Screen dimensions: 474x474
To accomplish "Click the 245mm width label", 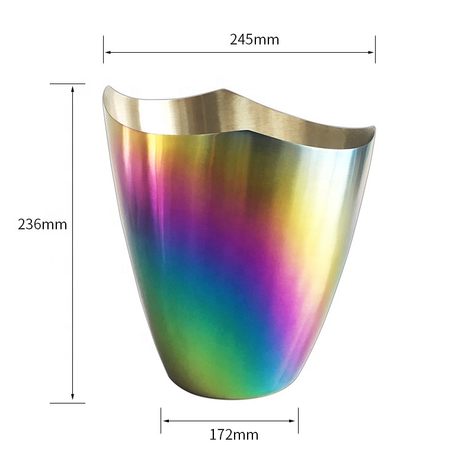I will tap(254, 40).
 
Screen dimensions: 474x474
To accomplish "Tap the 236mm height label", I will tap(42, 225).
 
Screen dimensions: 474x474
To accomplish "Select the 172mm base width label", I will tap(233, 435).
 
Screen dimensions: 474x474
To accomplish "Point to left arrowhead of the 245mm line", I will tap(107, 53).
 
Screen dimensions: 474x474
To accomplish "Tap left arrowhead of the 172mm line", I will tap(165, 421).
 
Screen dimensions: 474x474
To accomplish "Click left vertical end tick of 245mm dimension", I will tap(104, 49).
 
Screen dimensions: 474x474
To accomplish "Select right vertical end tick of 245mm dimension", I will tap(375, 49).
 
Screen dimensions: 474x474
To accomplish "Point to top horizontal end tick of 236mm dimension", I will tap(67, 84).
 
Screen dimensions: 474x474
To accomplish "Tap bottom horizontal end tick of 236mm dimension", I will tap(67, 403).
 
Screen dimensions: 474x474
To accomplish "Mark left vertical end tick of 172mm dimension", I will tap(161, 420).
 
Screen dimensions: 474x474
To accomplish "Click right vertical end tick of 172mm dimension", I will tap(298, 420).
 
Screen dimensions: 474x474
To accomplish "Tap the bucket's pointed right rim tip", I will tap(373, 127).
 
